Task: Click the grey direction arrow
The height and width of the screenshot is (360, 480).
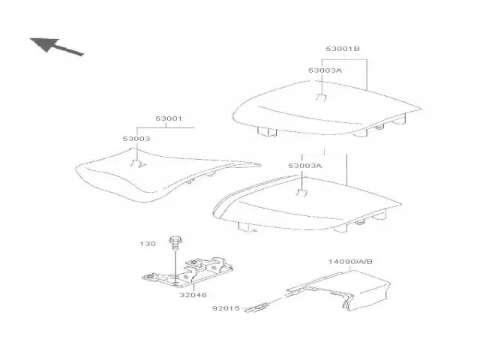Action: coord(56,46)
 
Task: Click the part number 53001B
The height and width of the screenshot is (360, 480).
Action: coord(343,49)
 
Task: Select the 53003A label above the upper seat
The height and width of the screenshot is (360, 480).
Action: coord(325,70)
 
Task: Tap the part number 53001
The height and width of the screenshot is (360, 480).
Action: coord(169,118)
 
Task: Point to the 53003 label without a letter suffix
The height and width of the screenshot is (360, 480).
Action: coord(136,139)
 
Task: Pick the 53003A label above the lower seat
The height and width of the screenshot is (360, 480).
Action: coord(305,166)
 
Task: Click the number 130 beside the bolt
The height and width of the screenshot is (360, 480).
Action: coord(148,244)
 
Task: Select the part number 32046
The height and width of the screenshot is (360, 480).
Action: coord(193,295)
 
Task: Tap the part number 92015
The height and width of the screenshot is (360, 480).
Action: coord(226,308)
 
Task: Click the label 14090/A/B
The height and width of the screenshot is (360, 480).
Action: coord(350,262)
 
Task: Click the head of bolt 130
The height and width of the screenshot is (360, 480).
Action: coord(175,239)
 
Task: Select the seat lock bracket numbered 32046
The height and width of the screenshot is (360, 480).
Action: coord(187,271)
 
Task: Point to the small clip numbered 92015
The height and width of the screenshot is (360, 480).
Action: coord(256,307)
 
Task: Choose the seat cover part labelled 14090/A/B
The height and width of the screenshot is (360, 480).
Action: coord(338,291)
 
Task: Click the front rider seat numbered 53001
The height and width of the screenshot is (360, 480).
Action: coord(168,175)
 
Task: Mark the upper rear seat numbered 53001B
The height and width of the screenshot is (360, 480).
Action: coord(327,108)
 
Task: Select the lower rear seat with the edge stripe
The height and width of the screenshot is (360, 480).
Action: coord(307,203)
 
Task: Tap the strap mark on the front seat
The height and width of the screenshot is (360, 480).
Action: coord(138,164)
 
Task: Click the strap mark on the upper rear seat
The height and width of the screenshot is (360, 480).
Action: coord(321,98)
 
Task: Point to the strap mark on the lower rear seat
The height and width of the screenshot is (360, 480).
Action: coord(301,193)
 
